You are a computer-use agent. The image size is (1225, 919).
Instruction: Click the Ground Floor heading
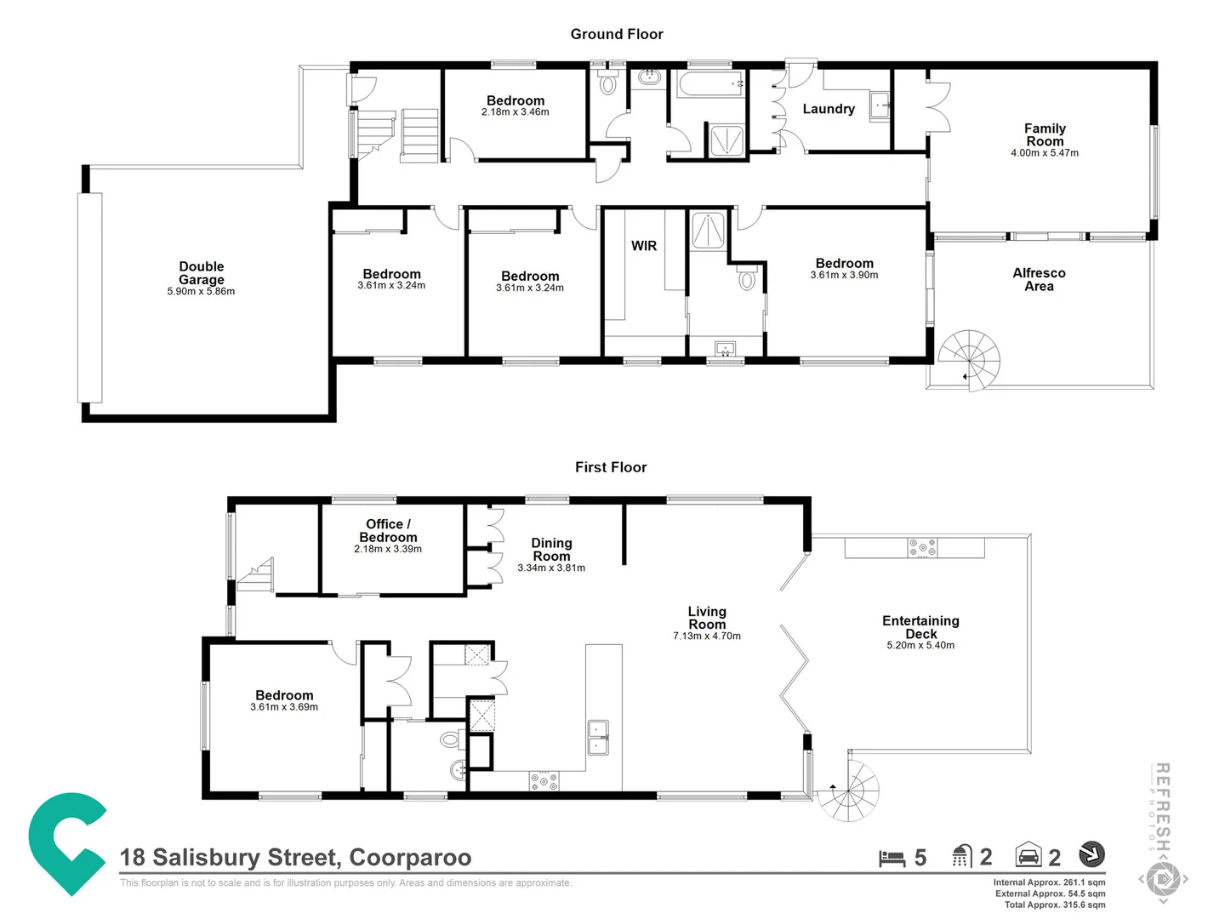(616, 34)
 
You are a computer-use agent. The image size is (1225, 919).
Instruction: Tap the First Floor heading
(611, 467)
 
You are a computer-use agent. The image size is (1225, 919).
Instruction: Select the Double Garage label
(202, 273)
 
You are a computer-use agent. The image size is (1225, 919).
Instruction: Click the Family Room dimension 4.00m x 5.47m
(1045, 153)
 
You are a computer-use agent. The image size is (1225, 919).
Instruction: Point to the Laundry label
(829, 109)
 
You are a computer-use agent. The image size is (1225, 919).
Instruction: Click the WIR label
(644, 246)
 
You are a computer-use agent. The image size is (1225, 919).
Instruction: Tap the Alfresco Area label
(1039, 280)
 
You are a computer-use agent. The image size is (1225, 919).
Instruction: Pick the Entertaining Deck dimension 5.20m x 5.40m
(920, 646)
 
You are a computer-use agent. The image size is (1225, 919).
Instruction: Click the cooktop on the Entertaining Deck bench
(922, 547)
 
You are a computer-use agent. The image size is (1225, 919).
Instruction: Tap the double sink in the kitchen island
(598, 737)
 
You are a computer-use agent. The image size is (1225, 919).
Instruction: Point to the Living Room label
(707, 618)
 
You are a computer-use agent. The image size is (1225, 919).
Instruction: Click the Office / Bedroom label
(388, 530)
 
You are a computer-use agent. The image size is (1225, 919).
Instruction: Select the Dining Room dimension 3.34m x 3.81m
(551, 568)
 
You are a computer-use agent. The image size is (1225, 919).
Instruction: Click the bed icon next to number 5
(892, 859)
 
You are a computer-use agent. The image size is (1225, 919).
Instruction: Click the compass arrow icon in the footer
(1091, 853)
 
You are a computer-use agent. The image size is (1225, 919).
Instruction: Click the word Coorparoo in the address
(410, 858)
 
